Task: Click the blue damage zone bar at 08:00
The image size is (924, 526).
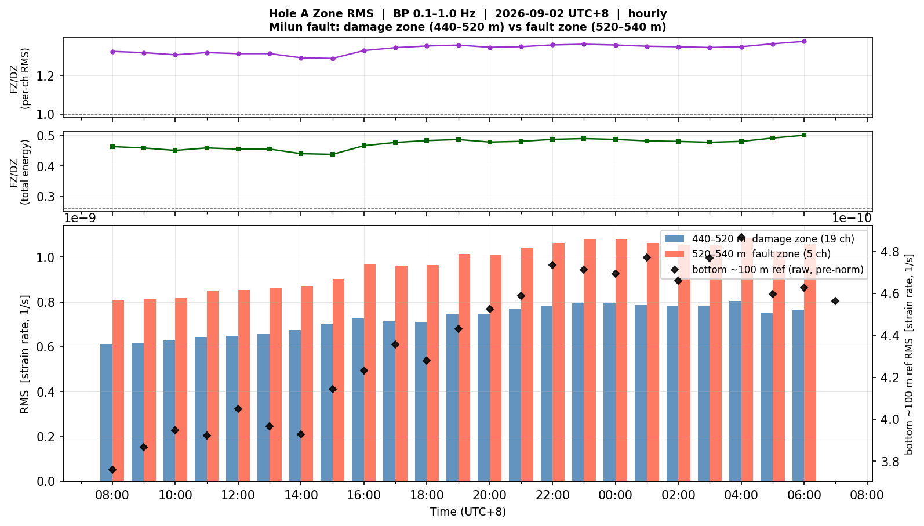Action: coord(107,412)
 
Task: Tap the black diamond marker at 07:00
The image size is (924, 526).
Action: coord(835,301)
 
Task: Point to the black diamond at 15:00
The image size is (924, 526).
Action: coord(333,389)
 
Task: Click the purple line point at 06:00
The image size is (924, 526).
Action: coord(804,41)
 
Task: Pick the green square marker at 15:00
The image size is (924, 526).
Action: coord(333,154)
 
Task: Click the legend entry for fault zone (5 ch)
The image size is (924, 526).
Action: coord(747,253)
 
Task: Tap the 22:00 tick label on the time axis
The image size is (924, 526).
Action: coord(553,495)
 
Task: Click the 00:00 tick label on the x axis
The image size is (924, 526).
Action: coord(616,495)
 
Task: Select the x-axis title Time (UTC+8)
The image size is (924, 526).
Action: coord(468,512)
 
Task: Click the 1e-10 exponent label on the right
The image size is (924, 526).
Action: coord(852,218)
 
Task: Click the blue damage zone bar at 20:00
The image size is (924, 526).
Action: coord(484,398)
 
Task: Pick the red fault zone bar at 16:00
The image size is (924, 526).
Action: coord(370,373)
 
